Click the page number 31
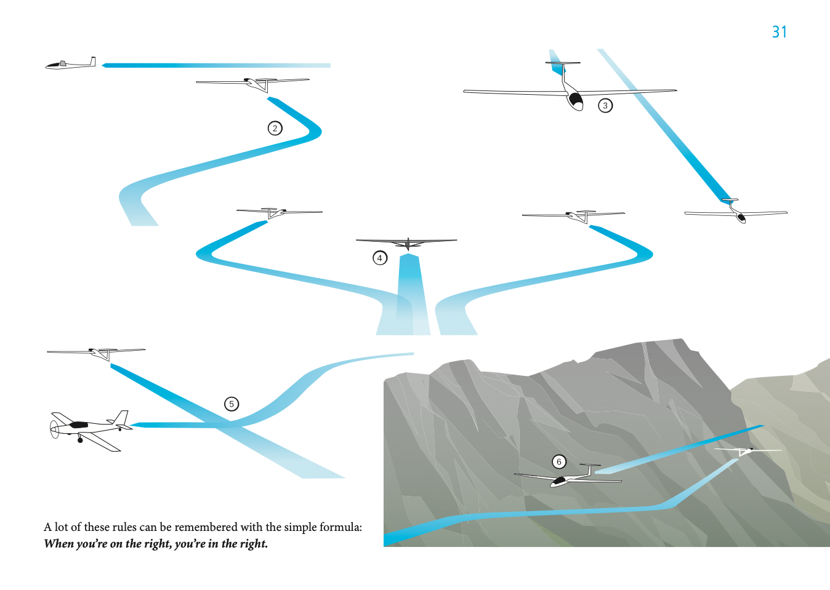click(x=780, y=32)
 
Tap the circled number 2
click(x=275, y=129)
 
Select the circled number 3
click(x=605, y=105)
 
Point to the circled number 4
click(x=380, y=258)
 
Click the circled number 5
click(x=232, y=404)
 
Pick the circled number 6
click(x=558, y=461)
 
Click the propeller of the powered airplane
click(x=54, y=429)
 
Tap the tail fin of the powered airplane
click(x=121, y=418)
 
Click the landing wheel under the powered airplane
click(x=80, y=440)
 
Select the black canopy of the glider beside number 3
click(x=576, y=100)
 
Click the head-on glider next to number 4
click(x=406, y=243)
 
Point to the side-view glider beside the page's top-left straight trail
click(x=70, y=63)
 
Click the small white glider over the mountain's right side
click(x=747, y=451)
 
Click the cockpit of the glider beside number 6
click(x=558, y=481)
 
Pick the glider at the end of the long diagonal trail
click(x=736, y=212)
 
